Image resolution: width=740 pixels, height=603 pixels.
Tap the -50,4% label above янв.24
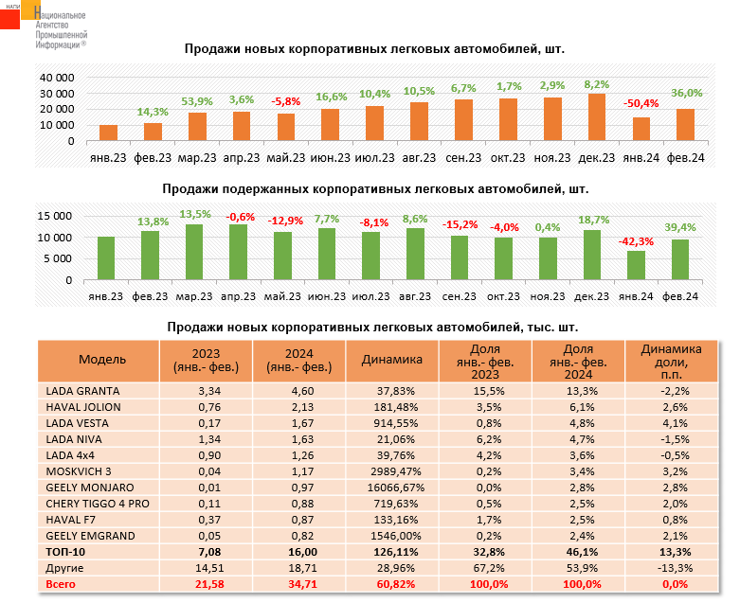[x=641, y=103]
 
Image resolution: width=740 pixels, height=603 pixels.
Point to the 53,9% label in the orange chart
[x=196, y=101]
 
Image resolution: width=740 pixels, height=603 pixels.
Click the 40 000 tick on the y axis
[x=57, y=77]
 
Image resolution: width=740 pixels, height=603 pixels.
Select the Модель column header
[x=97, y=361]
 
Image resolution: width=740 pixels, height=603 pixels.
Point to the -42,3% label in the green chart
[x=636, y=241]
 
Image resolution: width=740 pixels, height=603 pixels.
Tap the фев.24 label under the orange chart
[x=685, y=157]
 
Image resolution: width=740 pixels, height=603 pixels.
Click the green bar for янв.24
[x=637, y=266]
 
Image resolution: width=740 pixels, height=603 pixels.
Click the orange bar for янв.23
[x=109, y=133]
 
